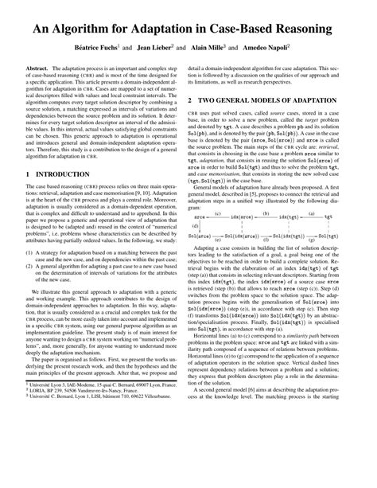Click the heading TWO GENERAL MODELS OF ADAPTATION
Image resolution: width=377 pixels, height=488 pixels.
coord(270,123)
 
